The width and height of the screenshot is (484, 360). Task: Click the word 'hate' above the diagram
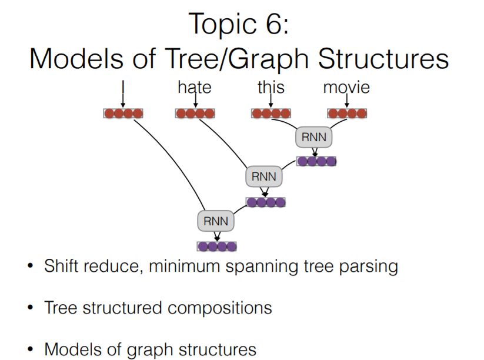(x=194, y=88)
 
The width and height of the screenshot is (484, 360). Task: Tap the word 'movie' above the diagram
(x=346, y=88)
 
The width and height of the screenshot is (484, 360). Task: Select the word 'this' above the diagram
(x=271, y=88)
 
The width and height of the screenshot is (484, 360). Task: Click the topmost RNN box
(x=313, y=138)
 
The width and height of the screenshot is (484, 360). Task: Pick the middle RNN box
(x=263, y=176)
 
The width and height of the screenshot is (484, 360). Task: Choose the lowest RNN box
(x=216, y=222)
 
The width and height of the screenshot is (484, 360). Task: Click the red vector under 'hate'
(x=195, y=114)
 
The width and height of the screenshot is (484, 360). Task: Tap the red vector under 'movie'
(x=347, y=114)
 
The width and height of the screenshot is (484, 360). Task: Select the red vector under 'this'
(x=271, y=114)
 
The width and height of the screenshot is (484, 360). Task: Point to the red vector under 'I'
(x=123, y=114)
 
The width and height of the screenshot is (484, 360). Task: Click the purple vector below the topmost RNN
(x=316, y=161)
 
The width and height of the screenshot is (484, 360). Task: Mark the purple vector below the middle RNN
(x=266, y=202)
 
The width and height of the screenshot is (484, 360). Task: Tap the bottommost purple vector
(x=217, y=246)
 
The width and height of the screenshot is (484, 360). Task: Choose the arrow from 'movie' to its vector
(x=346, y=101)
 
